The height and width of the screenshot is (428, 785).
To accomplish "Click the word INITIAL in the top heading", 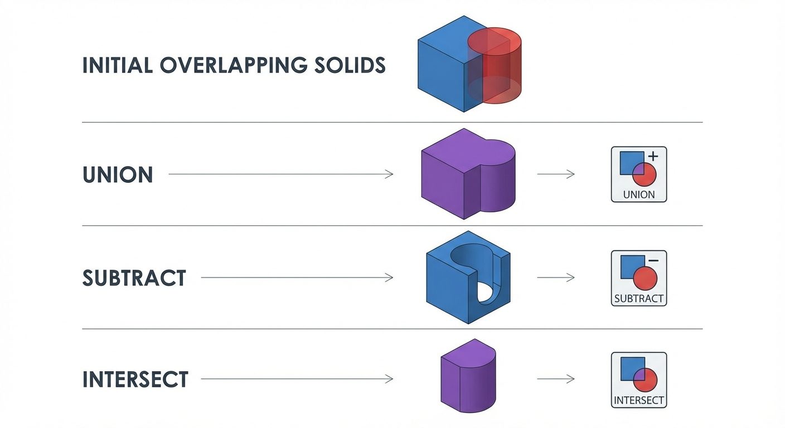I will pos(117,65).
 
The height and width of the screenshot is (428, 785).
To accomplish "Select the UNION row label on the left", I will pos(117,175).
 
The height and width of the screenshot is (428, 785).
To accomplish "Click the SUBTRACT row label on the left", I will pos(134,278).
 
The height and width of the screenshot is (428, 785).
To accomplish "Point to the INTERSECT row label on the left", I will pos(135,380).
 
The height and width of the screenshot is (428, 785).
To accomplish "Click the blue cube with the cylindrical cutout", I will pos(446,284).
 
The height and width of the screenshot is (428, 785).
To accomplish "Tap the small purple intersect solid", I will pos(467,379).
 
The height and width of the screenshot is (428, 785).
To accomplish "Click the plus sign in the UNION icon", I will pos(653,157).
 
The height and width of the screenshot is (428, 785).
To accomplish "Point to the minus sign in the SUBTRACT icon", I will pos(653,261).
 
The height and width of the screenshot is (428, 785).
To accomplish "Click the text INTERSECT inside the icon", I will pos(639,400).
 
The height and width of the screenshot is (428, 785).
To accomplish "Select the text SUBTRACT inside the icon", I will pos(639,298).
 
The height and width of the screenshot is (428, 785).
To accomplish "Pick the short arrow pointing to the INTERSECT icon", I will pos(555,379).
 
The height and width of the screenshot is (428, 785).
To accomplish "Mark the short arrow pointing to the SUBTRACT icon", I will pos(555,277).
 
